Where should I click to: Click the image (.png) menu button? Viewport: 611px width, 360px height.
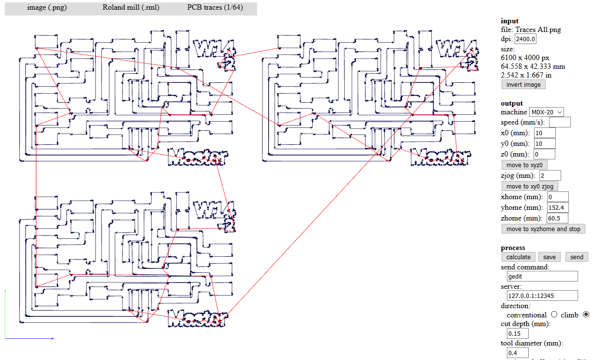(47, 8)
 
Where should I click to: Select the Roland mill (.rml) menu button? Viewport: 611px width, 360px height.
(131, 8)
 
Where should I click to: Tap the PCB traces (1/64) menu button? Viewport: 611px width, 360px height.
(215, 8)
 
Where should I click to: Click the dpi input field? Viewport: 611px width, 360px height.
(525, 39)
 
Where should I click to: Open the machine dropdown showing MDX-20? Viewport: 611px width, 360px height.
(547, 112)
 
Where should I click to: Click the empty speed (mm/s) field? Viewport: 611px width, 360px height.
(560, 122)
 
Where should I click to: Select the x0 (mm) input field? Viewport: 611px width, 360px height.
(544, 133)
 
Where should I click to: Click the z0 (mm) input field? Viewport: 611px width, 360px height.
(544, 154)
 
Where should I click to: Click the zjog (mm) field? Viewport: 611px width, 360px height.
(550, 175)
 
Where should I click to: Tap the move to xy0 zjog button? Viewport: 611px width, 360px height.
(530, 186)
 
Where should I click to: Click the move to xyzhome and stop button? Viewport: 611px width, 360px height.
(543, 229)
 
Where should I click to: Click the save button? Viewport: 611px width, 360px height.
(549, 257)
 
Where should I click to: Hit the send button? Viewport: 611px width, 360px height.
(577, 257)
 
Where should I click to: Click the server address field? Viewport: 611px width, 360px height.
(542, 296)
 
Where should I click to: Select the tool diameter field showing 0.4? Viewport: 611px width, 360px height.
(518, 353)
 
